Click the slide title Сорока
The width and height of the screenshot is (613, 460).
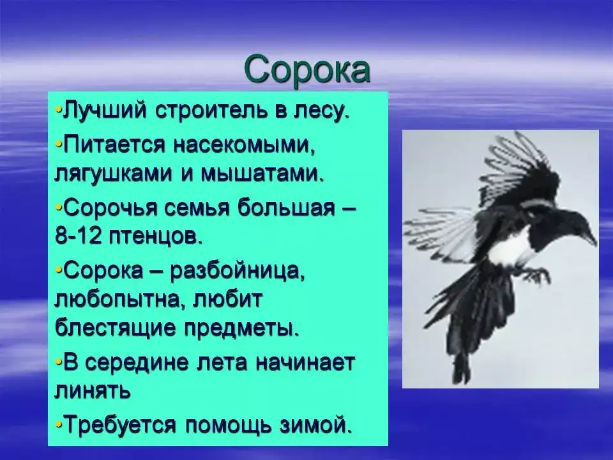(307, 70)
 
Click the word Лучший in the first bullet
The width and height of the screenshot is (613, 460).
(105, 111)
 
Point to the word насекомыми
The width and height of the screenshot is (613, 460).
(245, 146)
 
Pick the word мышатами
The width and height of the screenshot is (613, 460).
(262, 174)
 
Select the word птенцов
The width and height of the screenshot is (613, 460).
(156, 236)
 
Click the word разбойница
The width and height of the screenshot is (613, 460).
(237, 271)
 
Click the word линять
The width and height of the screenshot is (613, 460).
(92, 390)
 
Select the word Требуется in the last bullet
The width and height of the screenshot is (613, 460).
(119, 424)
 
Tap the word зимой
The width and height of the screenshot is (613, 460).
(315, 424)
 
